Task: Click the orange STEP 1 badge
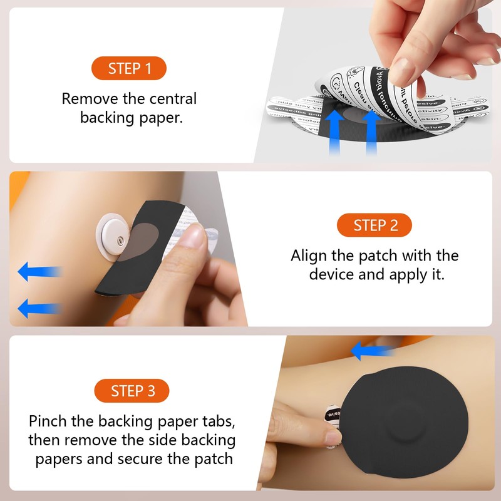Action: click(130, 68)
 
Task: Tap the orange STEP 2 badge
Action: click(375, 225)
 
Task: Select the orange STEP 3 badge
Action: click(133, 391)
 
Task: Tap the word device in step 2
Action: click(333, 274)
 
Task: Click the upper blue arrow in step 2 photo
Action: click(39, 271)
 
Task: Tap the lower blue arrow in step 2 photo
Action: click(39, 307)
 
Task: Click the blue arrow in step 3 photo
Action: click(373, 351)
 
